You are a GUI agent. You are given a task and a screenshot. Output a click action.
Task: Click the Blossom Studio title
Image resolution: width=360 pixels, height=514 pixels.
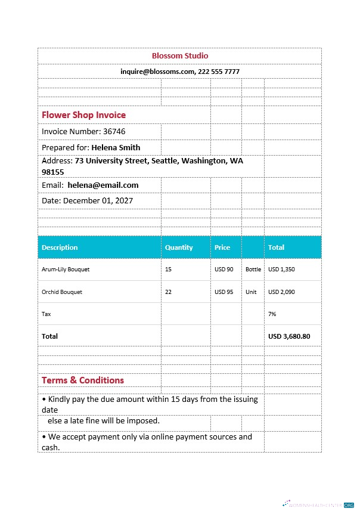click(x=180, y=55)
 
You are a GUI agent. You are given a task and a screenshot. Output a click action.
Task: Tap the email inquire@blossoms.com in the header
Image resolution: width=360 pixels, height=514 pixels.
click(x=157, y=71)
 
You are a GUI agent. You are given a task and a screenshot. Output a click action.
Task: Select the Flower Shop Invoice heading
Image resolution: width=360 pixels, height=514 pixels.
click(x=83, y=114)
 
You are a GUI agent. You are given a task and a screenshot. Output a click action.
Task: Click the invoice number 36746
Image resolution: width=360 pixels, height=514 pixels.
click(x=114, y=131)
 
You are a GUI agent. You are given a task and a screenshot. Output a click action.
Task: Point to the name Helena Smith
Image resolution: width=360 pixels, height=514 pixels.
click(x=116, y=147)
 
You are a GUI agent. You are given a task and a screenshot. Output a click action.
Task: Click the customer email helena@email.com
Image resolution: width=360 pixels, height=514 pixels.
click(x=103, y=185)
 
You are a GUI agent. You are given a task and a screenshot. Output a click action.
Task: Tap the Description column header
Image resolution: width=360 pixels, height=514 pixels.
click(x=60, y=247)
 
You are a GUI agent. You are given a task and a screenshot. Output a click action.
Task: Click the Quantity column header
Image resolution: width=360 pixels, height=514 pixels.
click(x=179, y=247)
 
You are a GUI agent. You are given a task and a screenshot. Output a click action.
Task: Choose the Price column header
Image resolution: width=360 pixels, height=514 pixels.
click(x=222, y=247)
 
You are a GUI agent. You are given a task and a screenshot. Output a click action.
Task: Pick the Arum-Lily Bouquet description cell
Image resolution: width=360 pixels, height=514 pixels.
click(x=66, y=270)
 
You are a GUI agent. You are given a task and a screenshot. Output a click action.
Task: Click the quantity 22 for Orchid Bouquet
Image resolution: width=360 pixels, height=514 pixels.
click(x=169, y=292)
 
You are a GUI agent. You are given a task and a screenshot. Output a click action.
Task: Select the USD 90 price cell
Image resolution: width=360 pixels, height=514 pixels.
click(x=224, y=270)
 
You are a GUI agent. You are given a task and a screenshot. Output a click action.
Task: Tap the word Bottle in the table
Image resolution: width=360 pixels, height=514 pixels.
click(x=253, y=270)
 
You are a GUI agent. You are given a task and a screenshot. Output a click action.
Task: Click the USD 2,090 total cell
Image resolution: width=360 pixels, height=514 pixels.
click(x=281, y=292)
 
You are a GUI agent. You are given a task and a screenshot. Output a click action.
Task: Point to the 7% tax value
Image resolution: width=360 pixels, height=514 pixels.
click(x=272, y=314)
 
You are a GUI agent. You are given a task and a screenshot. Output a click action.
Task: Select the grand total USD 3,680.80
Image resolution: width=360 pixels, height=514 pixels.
click(x=289, y=336)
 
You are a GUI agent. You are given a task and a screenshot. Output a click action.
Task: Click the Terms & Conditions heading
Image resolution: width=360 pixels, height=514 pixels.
click(x=83, y=380)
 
